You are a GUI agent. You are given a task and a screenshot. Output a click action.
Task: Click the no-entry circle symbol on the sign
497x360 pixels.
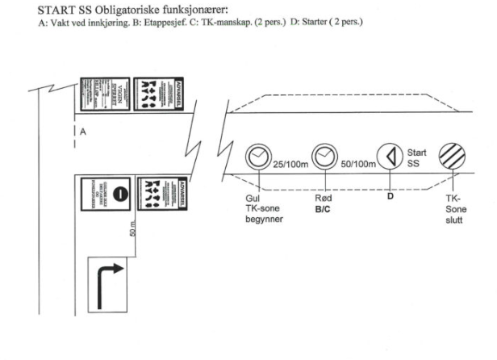click(118, 194)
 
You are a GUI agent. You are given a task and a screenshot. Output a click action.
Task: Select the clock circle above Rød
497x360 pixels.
click(325, 155)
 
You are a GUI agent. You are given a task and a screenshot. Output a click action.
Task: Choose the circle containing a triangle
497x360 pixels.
click(390, 155)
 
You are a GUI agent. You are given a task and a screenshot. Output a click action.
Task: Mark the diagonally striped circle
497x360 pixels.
click(451, 155)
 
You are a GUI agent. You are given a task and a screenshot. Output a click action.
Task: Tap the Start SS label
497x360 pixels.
click(416, 159)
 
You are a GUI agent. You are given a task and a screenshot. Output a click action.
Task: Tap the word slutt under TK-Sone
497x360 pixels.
click(451, 219)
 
